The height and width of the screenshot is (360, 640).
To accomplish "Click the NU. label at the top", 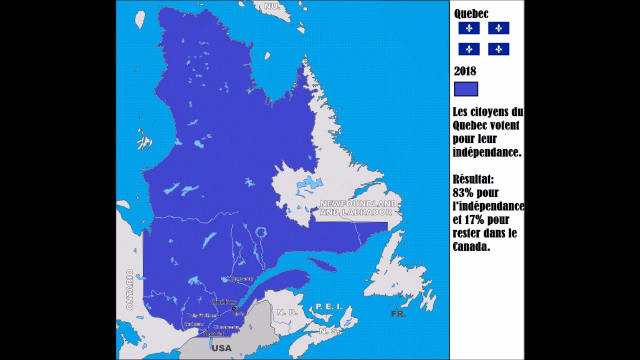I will pyautogui.click(x=272, y=6).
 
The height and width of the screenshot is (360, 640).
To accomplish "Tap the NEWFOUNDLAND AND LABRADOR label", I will pyautogui.click(x=358, y=208).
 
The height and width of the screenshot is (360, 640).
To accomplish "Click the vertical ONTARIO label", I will pyautogui.click(x=130, y=289).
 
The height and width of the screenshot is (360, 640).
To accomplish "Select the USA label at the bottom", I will pyautogui.click(x=221, y=348).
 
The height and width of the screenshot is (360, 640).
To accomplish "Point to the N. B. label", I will pyautogui.click(x=287, y=312).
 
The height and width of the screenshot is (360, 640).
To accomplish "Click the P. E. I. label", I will pyautogui.click(x=329, y=306).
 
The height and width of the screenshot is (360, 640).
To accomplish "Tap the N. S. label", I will pyautogui.click(x=328, y=331).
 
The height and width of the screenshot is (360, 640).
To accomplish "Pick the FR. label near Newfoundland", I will pyautogui.click(x=398, y=314).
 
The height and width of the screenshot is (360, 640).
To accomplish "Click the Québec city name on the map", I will pyautogui.click(x=223, y=302).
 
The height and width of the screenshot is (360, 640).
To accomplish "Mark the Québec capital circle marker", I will pyautogui.click(x=233, y=308).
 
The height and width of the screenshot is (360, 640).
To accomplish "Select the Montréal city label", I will pyautogui.click(x=213, y=333).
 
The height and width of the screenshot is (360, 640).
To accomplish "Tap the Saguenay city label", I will pyautogui.click(x=242, y=278).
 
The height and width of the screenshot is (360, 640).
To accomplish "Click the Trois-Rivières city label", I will pyautogui.click(x=201, y=315).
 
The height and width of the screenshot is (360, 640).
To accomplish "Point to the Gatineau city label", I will pyautogui.click(x=193, y=324).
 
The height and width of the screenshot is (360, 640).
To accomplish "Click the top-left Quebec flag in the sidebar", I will pyautogui.click(x=469, y=28).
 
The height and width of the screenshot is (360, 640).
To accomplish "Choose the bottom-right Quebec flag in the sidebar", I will pyautogui.click(x=498, y=49).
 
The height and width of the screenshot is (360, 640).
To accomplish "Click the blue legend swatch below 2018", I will pyautogui.click(x=466, y=89).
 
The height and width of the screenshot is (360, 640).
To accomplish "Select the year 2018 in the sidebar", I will pyautogui.click(x=465, y=71).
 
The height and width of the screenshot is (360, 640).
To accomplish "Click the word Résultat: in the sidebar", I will pyautogui.click(x=473, y=179).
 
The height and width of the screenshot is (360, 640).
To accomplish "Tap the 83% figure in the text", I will pyautogui.click(x=463, y=192).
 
